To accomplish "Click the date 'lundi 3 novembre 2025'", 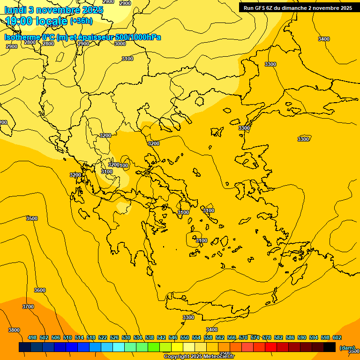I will point(53,10).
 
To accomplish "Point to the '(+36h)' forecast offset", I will point(81,21).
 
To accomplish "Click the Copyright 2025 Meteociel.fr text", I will point(199,356).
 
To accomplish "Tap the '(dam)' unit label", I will point(347,348).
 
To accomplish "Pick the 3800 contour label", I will point(14,330).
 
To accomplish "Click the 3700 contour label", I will point(28,307).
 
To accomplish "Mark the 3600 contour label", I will point(40,290).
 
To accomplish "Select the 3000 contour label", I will point(120,44).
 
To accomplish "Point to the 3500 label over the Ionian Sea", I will point(32,218).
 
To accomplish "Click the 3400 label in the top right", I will point(324,39).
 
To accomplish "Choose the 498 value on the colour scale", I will point(32,337).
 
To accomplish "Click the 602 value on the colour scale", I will point(337,337).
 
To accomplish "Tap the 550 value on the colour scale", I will point(185,337).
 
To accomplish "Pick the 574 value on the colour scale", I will point(255,337).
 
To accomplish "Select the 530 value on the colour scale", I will point(126,337).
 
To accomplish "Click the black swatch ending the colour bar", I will point(330,347).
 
